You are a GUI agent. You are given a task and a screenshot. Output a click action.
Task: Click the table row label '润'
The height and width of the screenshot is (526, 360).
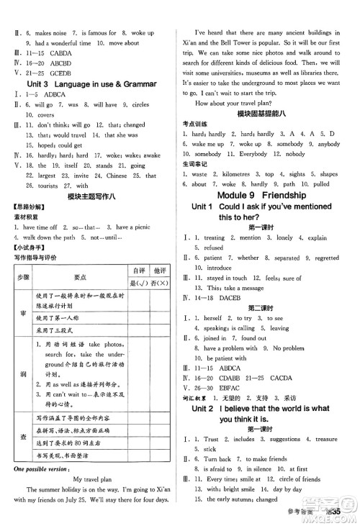[23, 373]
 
